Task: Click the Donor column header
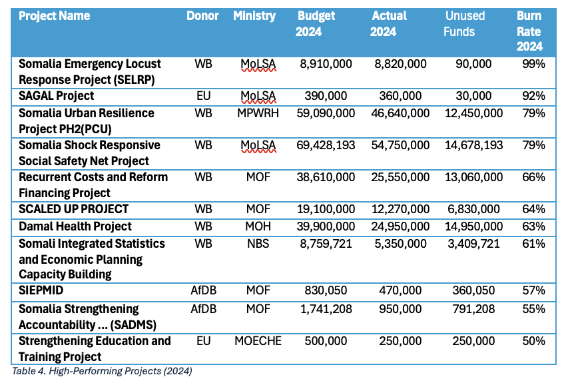coord(202,16)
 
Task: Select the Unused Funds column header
coord(465,23)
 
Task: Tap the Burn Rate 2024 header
coord(529,31)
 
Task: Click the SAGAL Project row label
coord(57,95)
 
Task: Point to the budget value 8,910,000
coord(326,64)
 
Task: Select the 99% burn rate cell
coord(534,64)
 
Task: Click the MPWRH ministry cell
coord(258,113)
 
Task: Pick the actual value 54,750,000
coord(400,145)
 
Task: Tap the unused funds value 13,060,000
coord(473,177)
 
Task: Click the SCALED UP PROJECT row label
coord(73,208)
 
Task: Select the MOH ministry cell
coord(258,226)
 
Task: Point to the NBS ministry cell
coord(258,243)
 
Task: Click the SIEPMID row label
coord(41,290)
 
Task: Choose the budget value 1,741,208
coord(326,309)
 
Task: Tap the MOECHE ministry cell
coord(258,341)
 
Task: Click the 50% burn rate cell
coord(534,341)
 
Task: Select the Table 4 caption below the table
coord(102,371)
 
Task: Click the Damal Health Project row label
coord(75,226)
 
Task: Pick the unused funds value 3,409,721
coord(473,243)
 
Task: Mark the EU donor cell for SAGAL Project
coord(203,95)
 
